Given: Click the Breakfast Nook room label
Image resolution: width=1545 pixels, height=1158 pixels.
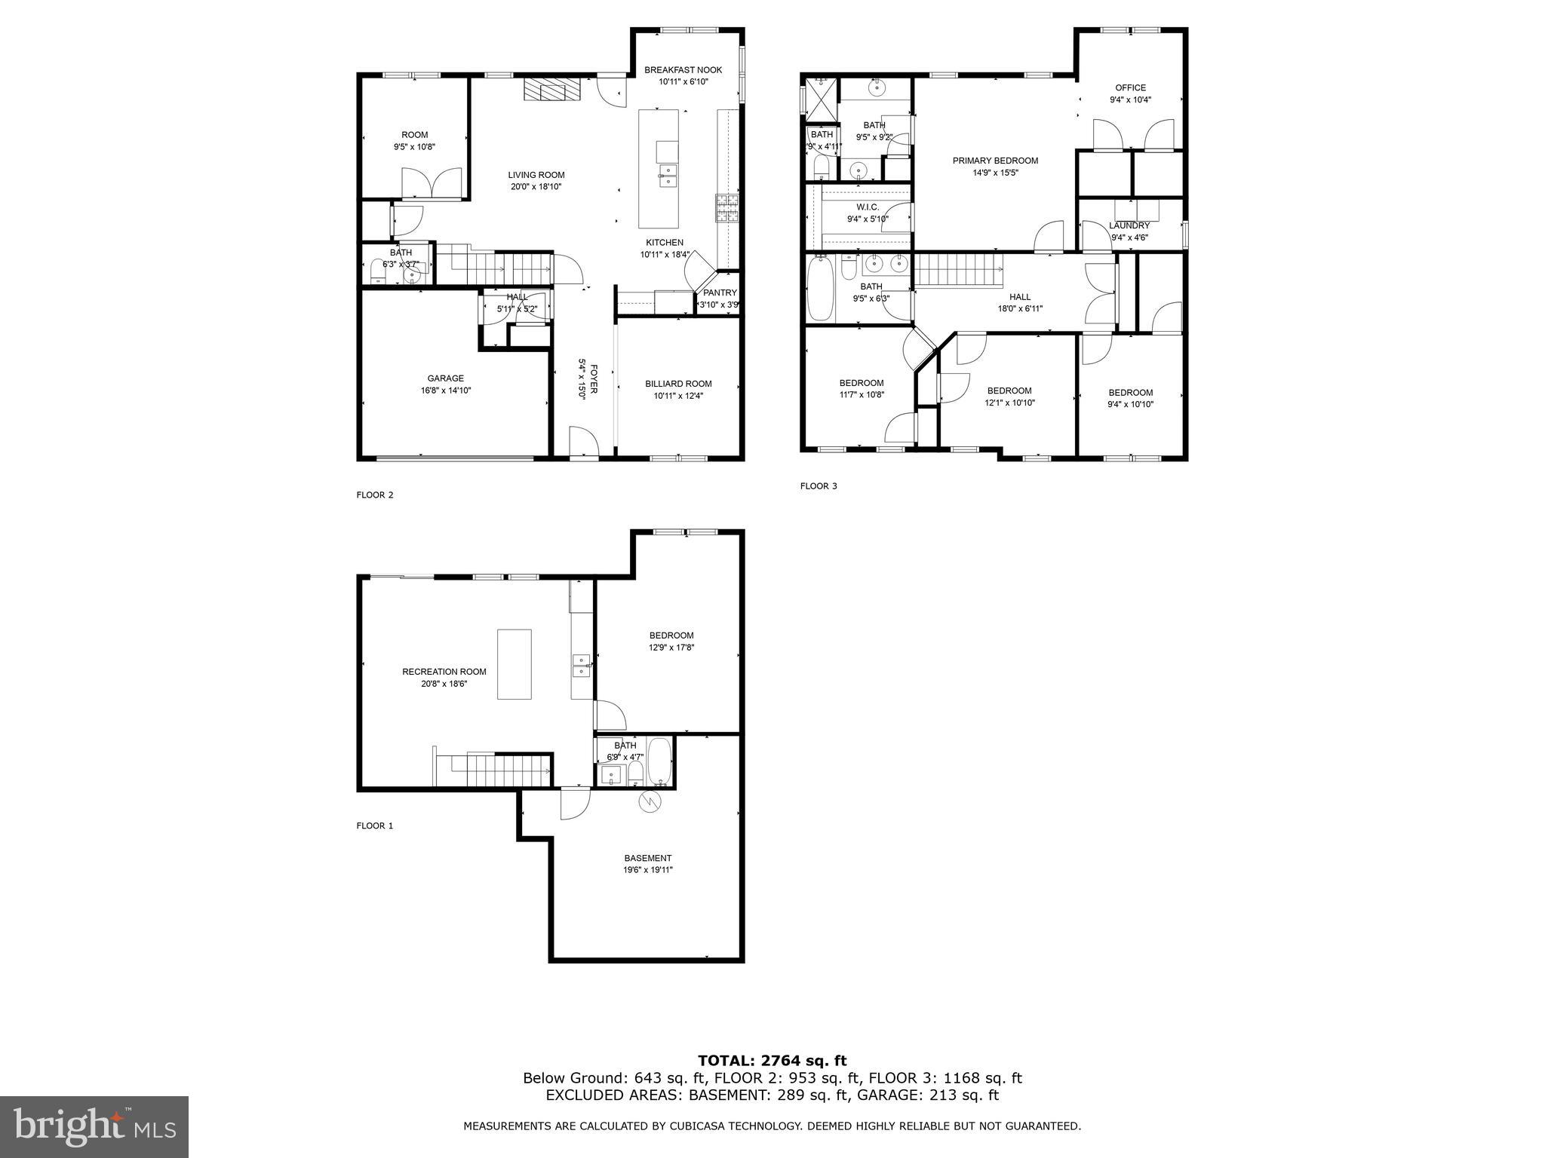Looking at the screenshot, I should (x=683, y=70).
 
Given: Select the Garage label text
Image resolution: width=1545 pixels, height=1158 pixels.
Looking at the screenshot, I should (x=445, y=378).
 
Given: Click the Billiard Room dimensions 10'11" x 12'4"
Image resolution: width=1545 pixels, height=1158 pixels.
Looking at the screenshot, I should (x=678, y=396).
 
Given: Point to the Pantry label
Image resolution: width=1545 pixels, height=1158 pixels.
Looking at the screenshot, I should (x=720, y=293).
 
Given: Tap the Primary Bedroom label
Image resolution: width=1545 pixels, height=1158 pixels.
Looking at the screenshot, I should (x=995, y=161).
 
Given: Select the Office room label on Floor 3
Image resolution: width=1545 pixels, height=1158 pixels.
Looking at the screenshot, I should (x=1130, y=88).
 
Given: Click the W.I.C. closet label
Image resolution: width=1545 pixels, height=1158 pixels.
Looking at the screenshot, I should (x=868, y=207).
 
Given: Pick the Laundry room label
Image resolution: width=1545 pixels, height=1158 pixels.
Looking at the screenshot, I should (x=1129, y=225).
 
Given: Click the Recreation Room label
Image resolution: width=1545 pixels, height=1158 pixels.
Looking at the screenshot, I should (x=444, y=672).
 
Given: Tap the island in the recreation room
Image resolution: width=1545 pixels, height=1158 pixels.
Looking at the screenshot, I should (x=514, y=664).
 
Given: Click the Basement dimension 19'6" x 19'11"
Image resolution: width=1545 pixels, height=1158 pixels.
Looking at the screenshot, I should (x=647, y=870).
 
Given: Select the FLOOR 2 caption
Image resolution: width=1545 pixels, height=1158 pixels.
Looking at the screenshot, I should (x=375, y=495).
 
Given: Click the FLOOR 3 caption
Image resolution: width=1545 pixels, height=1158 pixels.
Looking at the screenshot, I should (x=819, y=486).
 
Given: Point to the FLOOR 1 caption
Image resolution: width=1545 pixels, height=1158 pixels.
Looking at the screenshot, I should (x=375, y=826).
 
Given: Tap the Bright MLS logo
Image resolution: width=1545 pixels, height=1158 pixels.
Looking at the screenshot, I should (x=94, y=1126).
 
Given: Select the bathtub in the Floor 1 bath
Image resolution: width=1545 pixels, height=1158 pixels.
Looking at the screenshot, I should (x=659, y=761).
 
